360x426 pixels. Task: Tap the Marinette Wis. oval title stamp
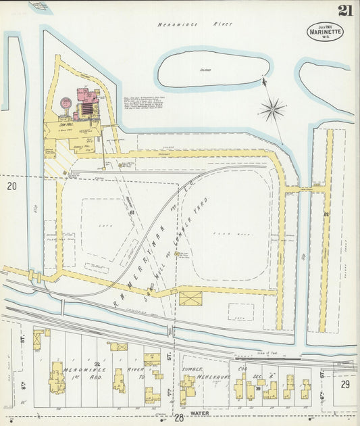pos(324,32)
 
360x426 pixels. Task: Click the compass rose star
pos(274,109)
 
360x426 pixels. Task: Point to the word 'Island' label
pos(205,70)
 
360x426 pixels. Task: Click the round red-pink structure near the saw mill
pos(66,103)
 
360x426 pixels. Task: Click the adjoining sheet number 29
pos(344,383)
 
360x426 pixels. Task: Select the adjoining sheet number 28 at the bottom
pos(180,419)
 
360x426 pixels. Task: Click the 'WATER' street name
pos(199,412)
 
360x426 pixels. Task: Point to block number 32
pos(97,364)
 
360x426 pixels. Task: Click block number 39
pos(258,388)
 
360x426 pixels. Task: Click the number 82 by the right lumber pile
pos(326,214)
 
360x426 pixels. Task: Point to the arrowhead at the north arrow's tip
pos(263,82)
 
